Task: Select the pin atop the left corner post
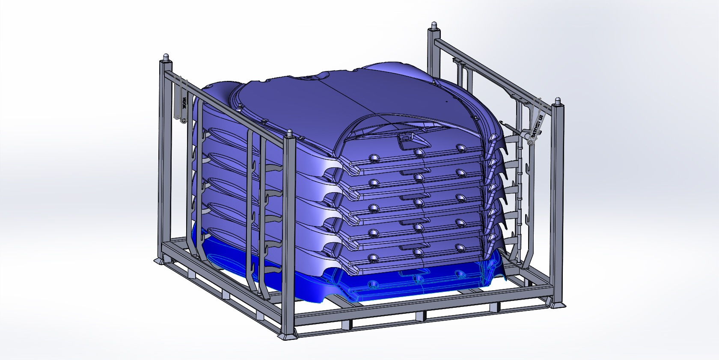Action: (165, 57)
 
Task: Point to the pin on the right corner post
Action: (558, 101)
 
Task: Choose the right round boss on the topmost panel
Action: (460, 147)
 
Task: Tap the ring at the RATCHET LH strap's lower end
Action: (530, 143)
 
